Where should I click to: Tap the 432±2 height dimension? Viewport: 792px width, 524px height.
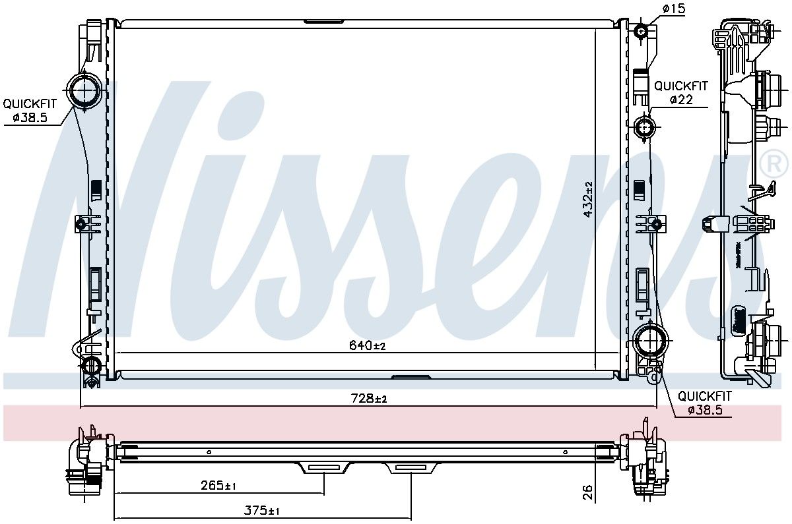point(588,198)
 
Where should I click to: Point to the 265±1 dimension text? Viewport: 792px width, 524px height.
point(218,486)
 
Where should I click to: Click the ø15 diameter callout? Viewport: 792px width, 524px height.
point(674,8)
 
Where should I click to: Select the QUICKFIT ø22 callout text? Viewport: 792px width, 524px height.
point(680,93)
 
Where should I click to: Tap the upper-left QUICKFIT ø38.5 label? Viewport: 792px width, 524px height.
point(30,111)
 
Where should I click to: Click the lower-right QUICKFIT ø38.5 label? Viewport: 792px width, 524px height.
point(705,403)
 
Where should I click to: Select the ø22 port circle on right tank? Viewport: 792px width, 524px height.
point(643,127)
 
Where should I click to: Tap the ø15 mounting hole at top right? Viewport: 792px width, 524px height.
point(642,32)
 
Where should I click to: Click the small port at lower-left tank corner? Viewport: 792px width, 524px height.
point(90,366)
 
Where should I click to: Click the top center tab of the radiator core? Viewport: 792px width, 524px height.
point(323,22)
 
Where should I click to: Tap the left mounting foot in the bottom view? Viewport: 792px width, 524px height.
point(324,467)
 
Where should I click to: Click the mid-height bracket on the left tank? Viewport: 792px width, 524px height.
point(82,225)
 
